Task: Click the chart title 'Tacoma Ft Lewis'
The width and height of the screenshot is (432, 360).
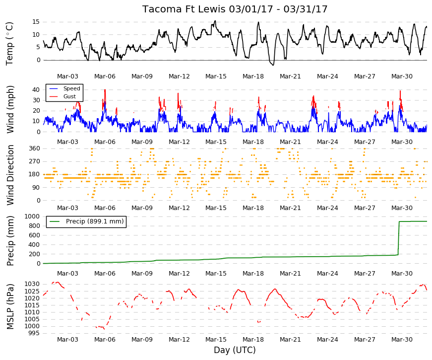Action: coord(184,9)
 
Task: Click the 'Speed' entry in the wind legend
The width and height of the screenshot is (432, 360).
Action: coord(71,88)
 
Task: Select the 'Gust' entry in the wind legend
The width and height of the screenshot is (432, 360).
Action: coord(69,96)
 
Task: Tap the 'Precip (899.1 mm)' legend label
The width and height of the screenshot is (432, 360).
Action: coord(95,221)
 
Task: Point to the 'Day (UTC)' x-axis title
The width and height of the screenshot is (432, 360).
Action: coord(235,350)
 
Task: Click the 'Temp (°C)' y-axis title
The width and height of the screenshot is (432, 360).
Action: coord(9,44)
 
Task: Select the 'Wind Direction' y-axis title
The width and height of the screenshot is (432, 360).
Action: coord(10,175)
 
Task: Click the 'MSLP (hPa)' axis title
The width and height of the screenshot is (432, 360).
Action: coord(10,306)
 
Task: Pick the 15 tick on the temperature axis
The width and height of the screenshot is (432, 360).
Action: coord(36,22)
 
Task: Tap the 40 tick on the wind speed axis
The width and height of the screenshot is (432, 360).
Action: coord(36,90)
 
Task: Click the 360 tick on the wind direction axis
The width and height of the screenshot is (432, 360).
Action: coord(34,148)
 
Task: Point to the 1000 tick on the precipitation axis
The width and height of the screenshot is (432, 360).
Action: coord(32,216)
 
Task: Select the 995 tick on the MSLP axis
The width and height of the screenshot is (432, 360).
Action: coord(34,333)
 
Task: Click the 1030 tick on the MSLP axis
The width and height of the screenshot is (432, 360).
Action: coord(32,284)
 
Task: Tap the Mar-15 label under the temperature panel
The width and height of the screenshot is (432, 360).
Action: coord(216,76)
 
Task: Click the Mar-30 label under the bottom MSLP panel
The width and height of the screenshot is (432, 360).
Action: coord(402,340)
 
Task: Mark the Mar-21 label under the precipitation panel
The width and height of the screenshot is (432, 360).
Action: coord(290,274)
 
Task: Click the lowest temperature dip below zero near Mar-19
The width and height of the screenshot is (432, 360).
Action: coord(273,65)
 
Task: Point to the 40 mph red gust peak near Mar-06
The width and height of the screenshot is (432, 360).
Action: coord(105,90)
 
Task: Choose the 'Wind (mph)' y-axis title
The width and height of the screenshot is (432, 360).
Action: coord(10,109)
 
